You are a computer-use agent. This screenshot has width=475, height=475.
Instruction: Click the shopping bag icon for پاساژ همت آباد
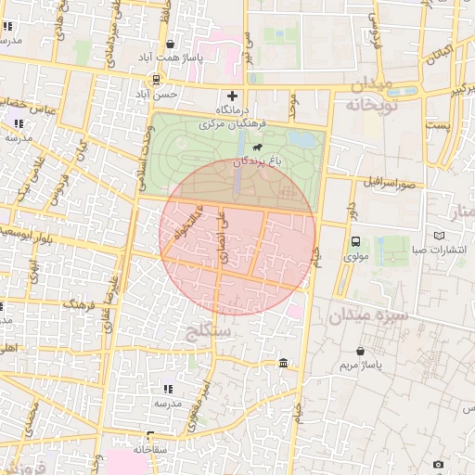170,44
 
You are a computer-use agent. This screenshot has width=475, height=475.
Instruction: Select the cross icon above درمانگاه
232,96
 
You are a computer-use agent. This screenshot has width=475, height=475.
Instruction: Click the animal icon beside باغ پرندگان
256,148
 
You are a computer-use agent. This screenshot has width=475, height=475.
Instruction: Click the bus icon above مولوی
357,241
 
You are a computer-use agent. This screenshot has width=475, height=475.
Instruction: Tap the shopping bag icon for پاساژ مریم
360,351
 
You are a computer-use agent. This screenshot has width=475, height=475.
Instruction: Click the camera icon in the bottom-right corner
438,464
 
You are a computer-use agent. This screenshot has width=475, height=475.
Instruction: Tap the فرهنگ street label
79,303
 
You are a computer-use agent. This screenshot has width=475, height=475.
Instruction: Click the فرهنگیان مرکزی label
231,122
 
